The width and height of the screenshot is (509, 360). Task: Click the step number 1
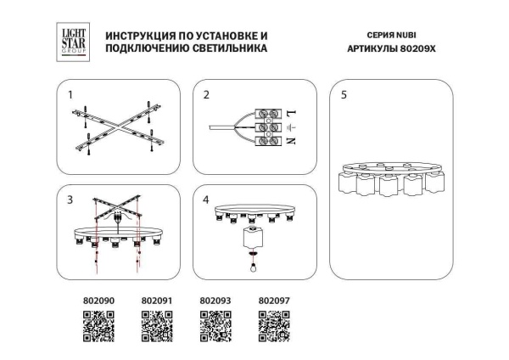[x=71, y=95]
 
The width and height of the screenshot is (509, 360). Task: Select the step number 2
[x=206, y=95]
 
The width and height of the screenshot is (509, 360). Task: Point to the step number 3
[x=71, y=200]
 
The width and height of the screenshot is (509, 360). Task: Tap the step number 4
[x=206, y=200]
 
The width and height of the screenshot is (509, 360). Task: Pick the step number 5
[x=343, y=95]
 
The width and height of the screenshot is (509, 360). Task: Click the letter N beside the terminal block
[x=291, y=142]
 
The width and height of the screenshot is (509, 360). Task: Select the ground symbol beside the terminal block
[x=291, y=127]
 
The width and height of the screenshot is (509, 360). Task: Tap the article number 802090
[x=98, y=300]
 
